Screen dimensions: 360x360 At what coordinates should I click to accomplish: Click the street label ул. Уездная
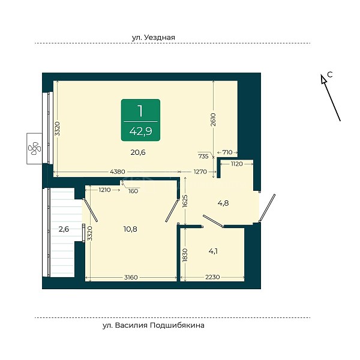pos(154,37)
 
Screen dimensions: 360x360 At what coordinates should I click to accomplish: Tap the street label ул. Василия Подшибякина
pos(154,326)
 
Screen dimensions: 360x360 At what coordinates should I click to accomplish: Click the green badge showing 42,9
pos(140,120)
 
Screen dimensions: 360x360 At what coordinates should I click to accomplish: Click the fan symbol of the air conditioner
pos(34,148)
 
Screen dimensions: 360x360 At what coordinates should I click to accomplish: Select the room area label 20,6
pos(138,152)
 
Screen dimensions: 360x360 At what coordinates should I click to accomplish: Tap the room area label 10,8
pos(130,229)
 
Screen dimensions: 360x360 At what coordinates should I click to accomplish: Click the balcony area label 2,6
pos(64,229)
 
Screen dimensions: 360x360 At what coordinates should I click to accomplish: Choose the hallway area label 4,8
pos(223,203)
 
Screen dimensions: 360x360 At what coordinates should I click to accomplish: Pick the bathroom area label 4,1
pos(213,251)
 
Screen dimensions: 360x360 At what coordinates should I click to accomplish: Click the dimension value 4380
pos(118,172)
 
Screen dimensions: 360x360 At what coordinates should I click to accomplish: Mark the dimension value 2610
pos(213,119)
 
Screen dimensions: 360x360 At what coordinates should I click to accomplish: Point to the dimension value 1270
pos(200,172)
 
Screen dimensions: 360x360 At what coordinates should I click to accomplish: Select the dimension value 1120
pos(237,164)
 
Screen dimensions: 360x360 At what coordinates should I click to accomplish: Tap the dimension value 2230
pos(212,277)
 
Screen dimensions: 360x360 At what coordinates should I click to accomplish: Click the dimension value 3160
pos(131,277)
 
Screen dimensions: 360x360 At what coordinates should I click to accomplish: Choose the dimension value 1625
pos(185,201)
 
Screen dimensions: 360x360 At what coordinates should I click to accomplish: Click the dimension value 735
pos(203,157)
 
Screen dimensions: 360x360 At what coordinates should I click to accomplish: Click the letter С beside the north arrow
pos(330,74)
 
